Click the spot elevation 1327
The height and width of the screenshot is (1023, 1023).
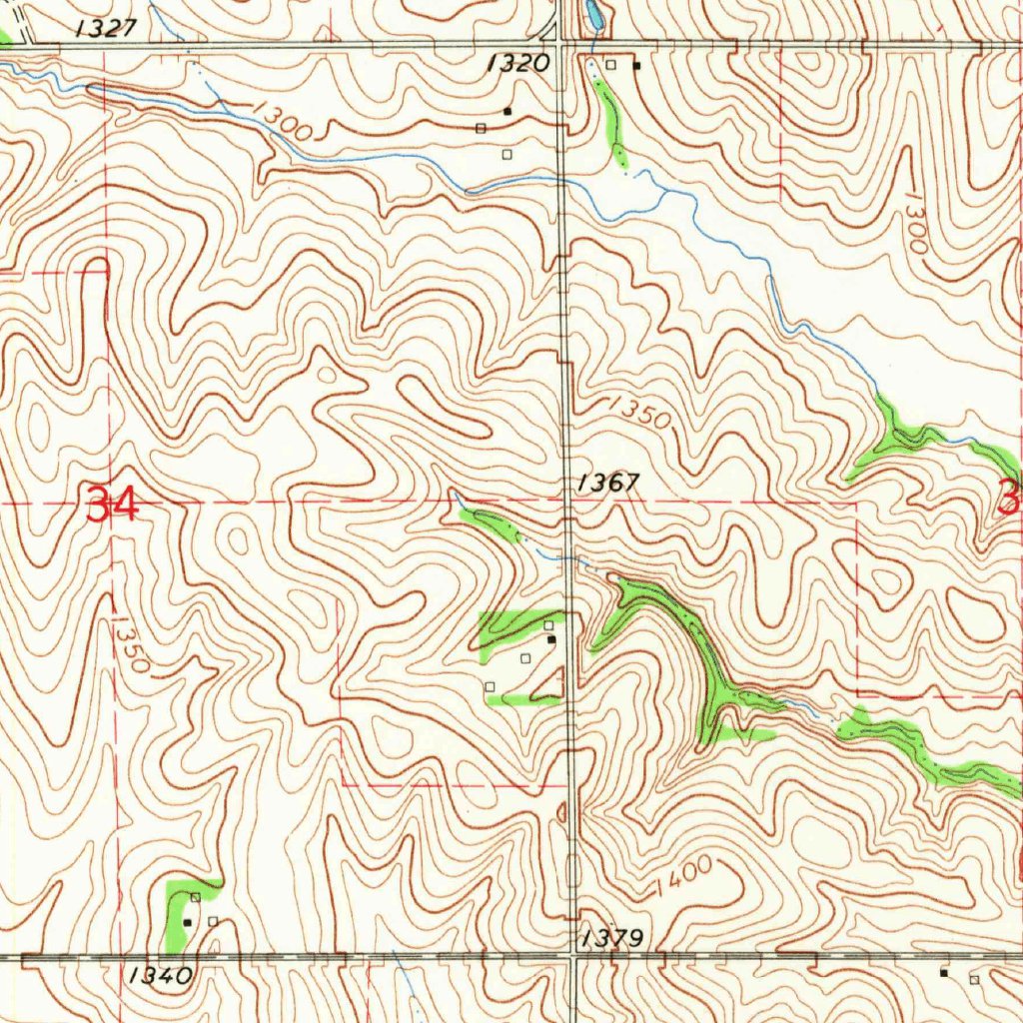(x=106, y=28)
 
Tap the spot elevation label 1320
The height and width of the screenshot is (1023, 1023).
(x=517, y=64)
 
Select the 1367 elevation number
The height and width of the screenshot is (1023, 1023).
(x=606, y=483)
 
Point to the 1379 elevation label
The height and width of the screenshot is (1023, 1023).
(x=611, y=938)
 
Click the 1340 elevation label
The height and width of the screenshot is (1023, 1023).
(x=161, y=975)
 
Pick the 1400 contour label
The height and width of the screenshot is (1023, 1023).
(x=684, y=877)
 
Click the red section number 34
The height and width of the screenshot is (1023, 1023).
(x=112, y=505)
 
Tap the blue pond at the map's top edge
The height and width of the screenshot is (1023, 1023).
(x=593, y=14)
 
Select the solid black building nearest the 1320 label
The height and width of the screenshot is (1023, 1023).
(x=508, y=111)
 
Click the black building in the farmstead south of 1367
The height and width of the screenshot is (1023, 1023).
(x=550, y=638)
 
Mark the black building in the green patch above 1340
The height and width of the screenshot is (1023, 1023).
(x=187, y=921)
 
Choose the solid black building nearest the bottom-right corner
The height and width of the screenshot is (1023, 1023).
(x=944, y=971)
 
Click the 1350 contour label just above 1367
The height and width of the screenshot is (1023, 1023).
(x=639, y=412)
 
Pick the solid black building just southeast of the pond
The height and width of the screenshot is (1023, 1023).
(x=636, y=66)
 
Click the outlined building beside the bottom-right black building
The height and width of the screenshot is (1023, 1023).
(x=974, y=980)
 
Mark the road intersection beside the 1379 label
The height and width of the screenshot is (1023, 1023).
(x=572, y=956)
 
